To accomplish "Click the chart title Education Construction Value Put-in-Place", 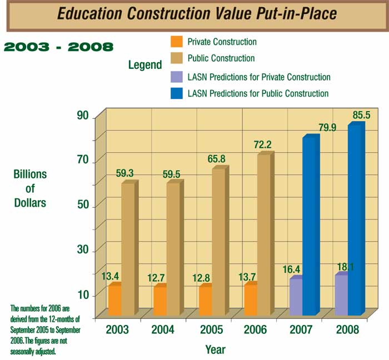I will pos(197,14).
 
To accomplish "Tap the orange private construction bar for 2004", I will pos(160,301).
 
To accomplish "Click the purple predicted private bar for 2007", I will pos(296,297).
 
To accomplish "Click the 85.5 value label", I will pos(361,115).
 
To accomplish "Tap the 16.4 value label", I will pos(291,269).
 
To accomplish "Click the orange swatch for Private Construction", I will pos(176,42).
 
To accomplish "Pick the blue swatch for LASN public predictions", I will pos(176,93).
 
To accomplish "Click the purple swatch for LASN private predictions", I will pos(176,76).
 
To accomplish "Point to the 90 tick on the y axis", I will pos(83,116).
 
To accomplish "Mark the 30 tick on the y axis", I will pos(83,250).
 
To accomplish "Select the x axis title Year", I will pos(215,350).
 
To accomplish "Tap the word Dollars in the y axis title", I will pos(30,203).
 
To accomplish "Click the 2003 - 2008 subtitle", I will pos(58,46).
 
